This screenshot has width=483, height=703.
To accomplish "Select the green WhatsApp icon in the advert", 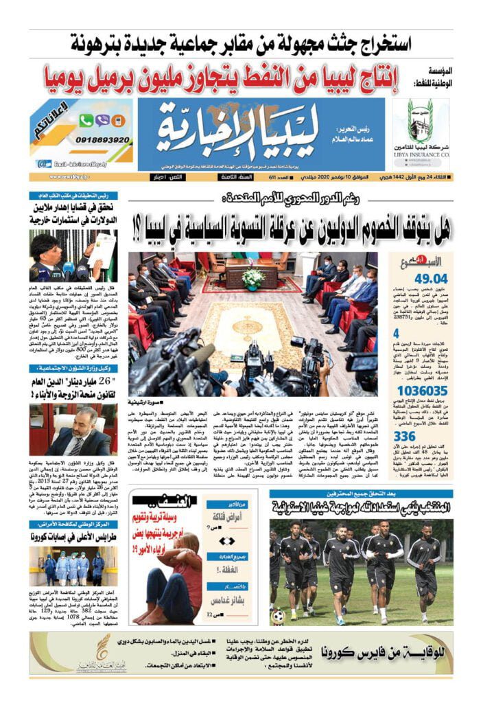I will tap(86, 120).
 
